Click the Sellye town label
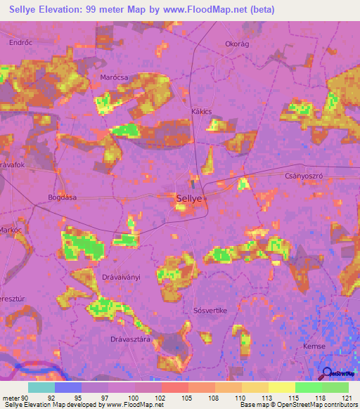[188, 199]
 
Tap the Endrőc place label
[20, 42]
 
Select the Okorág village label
[238, 43]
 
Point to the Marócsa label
[113, 78]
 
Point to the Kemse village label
[312, 346]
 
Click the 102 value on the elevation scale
[159, 397]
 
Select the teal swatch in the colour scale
[41, 387]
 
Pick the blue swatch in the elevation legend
[68, 387]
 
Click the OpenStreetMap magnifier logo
[326, 374]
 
